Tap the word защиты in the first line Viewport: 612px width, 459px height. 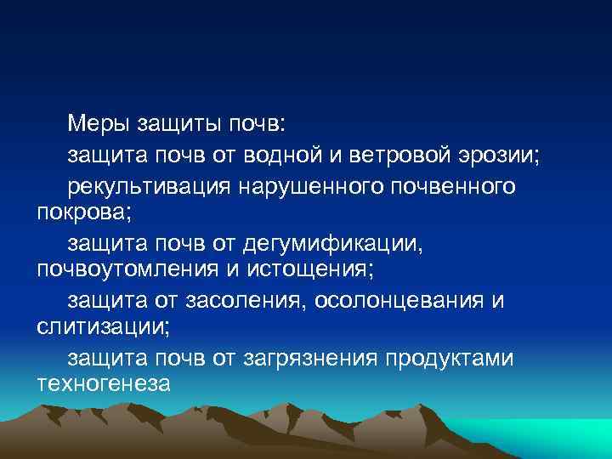(x=174, y=125)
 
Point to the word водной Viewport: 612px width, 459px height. (x=309, y=157)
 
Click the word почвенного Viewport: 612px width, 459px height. (x=451, y=186)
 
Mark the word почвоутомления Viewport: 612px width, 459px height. (x=122, y=269)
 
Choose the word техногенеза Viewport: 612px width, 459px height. (x=105, y=383)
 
